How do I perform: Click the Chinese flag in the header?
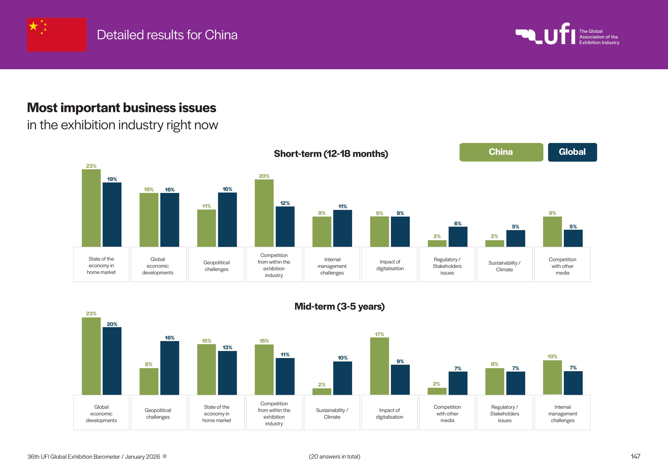[x=57, y=35]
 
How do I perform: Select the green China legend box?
[x=501, y=152]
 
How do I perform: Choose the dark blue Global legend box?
[x=572, y=152]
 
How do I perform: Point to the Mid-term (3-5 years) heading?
[x=339, y=306]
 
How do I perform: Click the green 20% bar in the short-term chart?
[x=264, y=213]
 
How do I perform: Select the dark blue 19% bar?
[x=112, y=215]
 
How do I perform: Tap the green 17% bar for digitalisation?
[x=379, y=366]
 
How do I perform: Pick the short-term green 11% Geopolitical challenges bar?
[x=207, y=228]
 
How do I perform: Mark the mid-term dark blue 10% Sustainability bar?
[x=342, y=378]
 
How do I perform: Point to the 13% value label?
[x=227, y=348]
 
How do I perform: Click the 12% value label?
[x=285, y=203]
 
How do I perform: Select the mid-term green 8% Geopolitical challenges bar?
[x=149, y=381]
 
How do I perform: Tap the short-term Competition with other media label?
[x=562, y=266]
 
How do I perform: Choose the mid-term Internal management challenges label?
[x=562, y=414]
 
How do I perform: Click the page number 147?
[x=635, y=456]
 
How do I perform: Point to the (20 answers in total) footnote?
[x=334, y=456]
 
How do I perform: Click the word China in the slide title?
[x=221, y=35]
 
